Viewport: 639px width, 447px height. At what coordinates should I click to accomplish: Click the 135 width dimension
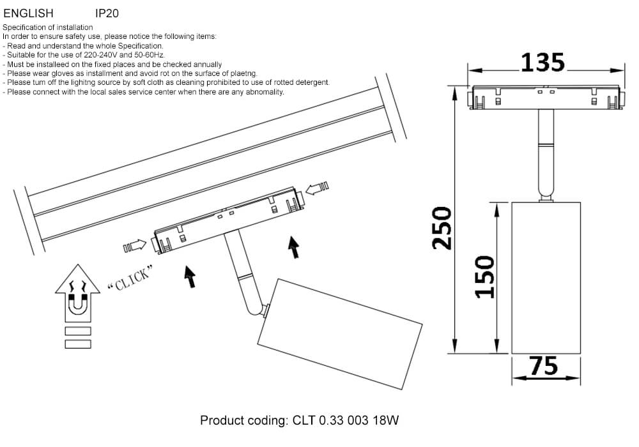[x=543, y=63]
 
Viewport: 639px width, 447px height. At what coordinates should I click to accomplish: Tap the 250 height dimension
[x=442, y=228]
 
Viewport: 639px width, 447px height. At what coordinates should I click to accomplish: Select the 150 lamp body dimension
[x=485, y=277]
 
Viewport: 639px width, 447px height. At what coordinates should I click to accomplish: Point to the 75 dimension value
[x=544, y=365]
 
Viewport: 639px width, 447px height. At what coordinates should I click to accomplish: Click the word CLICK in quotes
[x=130, y=278]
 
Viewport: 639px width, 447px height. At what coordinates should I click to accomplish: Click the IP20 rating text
[x=107, y=13]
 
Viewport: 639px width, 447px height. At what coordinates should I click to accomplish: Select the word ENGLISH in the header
[x=29, y=13]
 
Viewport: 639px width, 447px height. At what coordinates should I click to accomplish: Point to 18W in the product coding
[x=385, y=420]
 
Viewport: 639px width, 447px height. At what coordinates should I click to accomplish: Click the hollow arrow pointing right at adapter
[x=135, y=246]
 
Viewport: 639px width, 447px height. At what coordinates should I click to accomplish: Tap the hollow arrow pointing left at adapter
[x=317, y=188]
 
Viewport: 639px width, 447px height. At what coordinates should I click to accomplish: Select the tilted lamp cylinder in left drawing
[x=339, y=334]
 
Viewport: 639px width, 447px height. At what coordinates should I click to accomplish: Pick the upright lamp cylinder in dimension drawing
[x=546, y=278]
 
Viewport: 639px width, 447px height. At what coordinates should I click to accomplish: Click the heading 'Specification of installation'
[x=48, y=27]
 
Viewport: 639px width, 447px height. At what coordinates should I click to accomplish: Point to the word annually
[x=208, y=64]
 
